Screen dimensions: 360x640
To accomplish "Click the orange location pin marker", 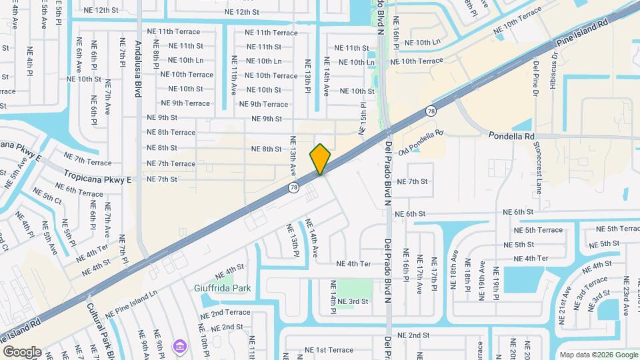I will point(321,159).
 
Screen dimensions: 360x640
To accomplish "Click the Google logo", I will point(22,352).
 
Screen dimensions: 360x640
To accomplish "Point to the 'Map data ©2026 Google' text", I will point(598,355).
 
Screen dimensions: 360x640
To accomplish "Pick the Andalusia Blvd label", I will point(138,69).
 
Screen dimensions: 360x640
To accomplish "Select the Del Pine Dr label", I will point(536,79).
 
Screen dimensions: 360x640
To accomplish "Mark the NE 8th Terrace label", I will point(171,133).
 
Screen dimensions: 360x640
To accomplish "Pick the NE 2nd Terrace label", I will point(225,313).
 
